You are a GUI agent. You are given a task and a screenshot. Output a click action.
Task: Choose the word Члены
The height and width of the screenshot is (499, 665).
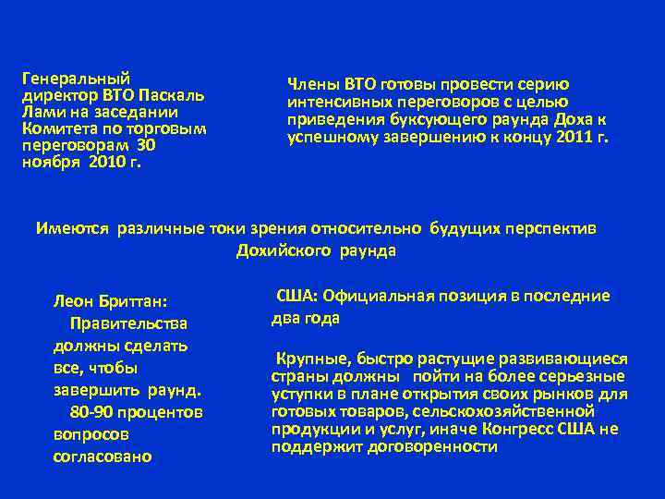312,84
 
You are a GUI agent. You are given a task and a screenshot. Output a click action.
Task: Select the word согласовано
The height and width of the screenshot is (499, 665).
103,456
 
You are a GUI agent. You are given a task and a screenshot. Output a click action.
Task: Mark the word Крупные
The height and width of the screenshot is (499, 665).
308,359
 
